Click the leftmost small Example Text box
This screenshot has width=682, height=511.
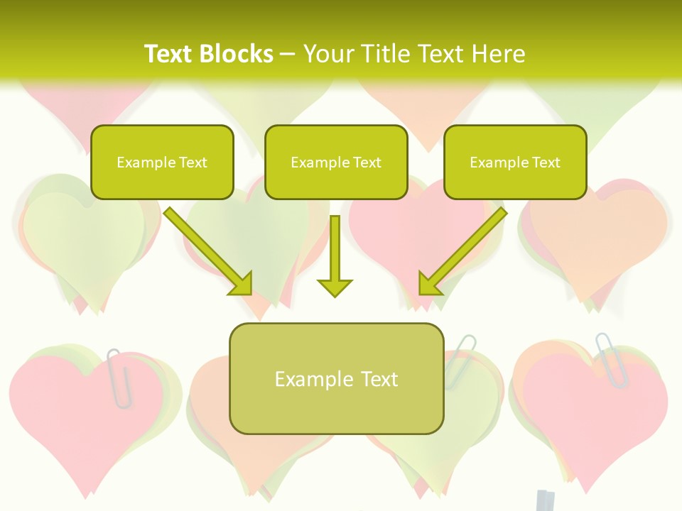tap(162, 162)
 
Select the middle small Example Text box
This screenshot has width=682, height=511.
tap(336, 162)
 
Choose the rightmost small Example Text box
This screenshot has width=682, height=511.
tap(515, 162)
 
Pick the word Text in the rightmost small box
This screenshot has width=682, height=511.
tap(545, 163)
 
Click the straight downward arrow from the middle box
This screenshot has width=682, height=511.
tap(335, 255)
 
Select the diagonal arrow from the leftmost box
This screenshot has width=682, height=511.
tap(207, 251)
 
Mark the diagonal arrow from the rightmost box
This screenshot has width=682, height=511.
tap(462, 251)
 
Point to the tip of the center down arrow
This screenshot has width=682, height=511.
tap(335, 294)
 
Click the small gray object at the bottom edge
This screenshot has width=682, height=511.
tap(546, 500)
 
